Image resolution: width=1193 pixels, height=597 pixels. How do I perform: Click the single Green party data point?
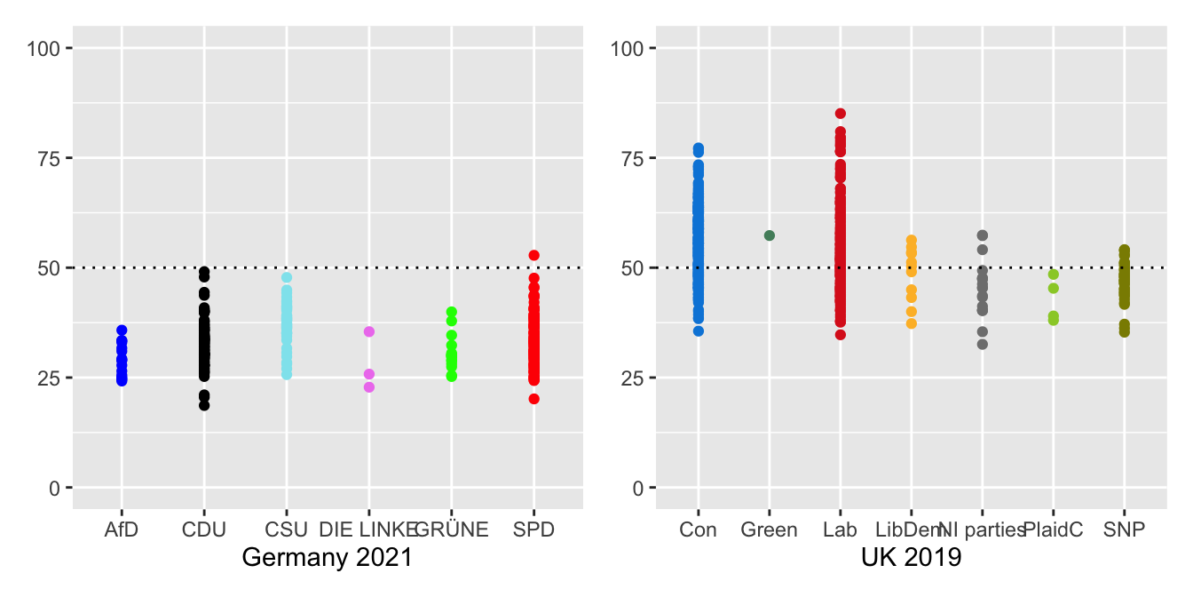tap(770, 235)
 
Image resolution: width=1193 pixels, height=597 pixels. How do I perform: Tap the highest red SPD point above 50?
tap(533, 255)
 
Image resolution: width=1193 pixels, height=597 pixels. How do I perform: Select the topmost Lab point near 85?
tap(840, 114)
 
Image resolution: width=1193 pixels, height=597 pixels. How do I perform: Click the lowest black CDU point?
tap(204, 405)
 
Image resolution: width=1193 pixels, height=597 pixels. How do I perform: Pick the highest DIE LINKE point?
tap(369, 331)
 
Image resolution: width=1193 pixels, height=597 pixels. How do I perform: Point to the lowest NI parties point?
tap(982, 344)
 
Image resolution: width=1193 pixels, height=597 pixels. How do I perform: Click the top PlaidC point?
tap(1053, 275)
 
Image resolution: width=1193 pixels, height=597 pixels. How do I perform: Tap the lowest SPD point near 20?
tap(533, 399)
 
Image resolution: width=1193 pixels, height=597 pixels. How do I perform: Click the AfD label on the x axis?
tap(122, 530)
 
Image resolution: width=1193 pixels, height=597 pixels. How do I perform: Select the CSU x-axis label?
tap(286, 530)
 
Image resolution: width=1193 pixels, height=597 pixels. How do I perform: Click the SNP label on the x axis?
tap(1124, 530)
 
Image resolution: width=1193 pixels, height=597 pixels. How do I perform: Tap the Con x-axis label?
tap(699, 530)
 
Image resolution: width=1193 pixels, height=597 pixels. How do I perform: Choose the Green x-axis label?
tap(770, 530)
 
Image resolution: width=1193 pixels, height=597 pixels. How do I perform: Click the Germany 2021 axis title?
tap(328, 559)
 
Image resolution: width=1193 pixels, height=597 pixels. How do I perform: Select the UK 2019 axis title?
tap(911, 559)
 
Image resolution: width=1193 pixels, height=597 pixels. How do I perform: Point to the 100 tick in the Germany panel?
tap(48, 48)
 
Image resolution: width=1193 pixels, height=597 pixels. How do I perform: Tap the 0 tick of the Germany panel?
tap(56, 488)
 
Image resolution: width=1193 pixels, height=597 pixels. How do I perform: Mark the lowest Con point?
tap(699, 330)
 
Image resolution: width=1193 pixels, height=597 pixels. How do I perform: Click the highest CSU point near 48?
tap(287, 277)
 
